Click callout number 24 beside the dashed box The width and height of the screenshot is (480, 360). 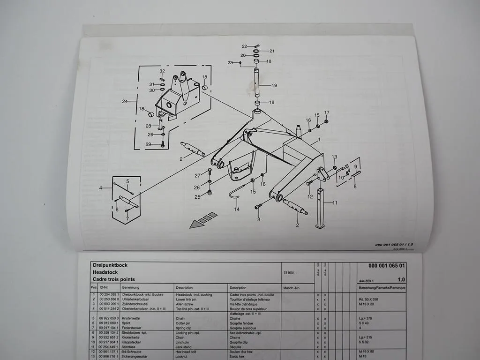click(x=125, y=101)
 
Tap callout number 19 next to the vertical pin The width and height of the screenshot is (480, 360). click(x=274, y=85)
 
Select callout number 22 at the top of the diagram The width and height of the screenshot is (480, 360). click(x=244, y=46)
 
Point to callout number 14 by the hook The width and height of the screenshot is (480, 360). click(x=237, y=209)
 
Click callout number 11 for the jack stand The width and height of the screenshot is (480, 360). click(x=335, y=203)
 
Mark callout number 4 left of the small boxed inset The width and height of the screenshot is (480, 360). click(x=100, y=188)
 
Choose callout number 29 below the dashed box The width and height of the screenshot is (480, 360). click(x=148, y=144)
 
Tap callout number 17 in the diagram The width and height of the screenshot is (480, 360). click(x=327, y=112)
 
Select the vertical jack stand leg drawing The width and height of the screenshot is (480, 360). click(x=321, y=208)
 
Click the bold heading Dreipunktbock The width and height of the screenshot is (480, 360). click(x=110, y=265)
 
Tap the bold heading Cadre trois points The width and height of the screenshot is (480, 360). click(x=113, y=279)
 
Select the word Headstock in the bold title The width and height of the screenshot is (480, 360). click(x=105, y=272)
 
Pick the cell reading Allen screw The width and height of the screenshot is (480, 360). click(x=186, y=304)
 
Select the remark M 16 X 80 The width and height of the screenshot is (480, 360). click(x=367, y=351)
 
